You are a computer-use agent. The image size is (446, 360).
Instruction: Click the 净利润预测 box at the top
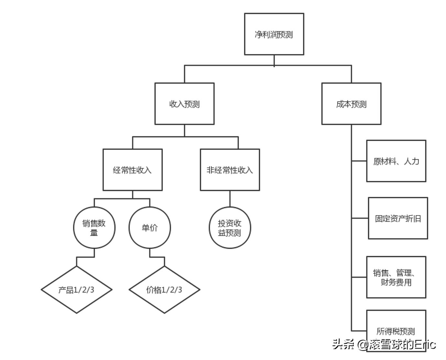pos(274,34)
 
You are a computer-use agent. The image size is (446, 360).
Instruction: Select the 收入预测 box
pos(184,104)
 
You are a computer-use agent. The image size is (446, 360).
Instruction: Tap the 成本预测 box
pos(351,104)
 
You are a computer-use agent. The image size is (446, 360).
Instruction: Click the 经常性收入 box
pos(132,170)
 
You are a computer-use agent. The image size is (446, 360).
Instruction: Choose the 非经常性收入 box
pos(230,170)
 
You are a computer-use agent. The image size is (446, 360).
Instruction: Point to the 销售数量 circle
pos(94,228)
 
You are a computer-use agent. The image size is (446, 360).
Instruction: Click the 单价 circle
pos(149,228)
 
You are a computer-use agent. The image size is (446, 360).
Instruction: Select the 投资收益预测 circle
pos(230,228)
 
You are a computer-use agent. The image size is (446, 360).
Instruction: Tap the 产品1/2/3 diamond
pos(77,289)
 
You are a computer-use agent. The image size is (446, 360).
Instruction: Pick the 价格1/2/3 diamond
pos(164,289)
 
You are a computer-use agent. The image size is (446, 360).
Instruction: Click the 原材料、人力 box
pos(396,161)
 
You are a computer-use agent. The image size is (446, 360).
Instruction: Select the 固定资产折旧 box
pos(398,218)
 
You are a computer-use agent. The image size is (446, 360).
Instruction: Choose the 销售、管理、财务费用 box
pos(396,277)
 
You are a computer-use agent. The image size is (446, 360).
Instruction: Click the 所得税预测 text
pos(396,331)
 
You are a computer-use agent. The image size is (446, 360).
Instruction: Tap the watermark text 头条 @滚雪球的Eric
pos(384,344)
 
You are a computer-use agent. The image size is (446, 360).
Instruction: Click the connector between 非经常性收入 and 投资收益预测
pos(230,198)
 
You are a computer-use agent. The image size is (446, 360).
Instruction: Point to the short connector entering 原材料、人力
pos(359,161)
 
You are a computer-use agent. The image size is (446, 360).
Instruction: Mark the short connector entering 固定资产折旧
pos(360,218)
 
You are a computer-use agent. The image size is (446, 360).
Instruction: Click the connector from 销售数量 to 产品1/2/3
pos(85,257)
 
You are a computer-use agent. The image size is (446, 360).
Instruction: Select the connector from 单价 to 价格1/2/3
pos(157,257)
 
